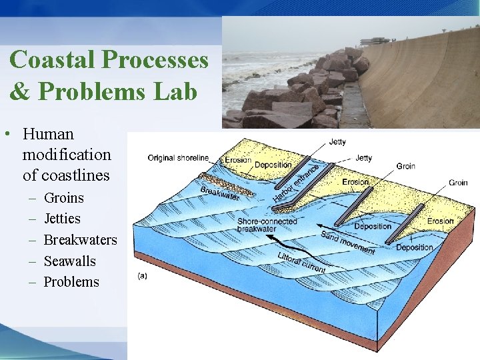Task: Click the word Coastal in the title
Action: click(53, 60)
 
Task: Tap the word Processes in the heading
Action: click(155, 60)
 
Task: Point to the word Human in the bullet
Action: click(48, 133)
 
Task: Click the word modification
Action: click(67, 155)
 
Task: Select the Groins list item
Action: click(64, 198)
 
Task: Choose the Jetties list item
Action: click(62, 219)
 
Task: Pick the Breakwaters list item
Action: click(80, 240)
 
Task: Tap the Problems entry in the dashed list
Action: click(71, 282)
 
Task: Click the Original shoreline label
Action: click(178, 158)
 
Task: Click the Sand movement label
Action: click(347, 242)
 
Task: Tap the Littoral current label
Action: click(301, 263)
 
